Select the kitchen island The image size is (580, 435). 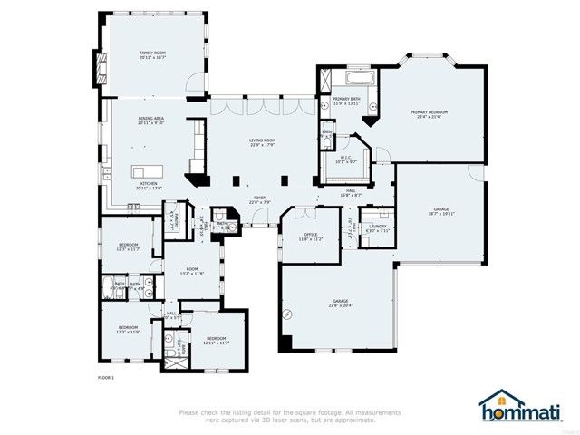click(x=146, y=170)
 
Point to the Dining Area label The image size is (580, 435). click(x=151, y=121)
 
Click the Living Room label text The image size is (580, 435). click(x=263, y=141)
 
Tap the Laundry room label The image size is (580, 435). click(x=378, y=227)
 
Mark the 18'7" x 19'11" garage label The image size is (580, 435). click(x=441, y=212)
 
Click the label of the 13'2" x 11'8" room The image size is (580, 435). click(x=191, y=271)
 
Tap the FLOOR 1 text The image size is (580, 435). click(x=106, y=376)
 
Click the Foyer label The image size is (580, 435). click(x=259, y=199)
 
